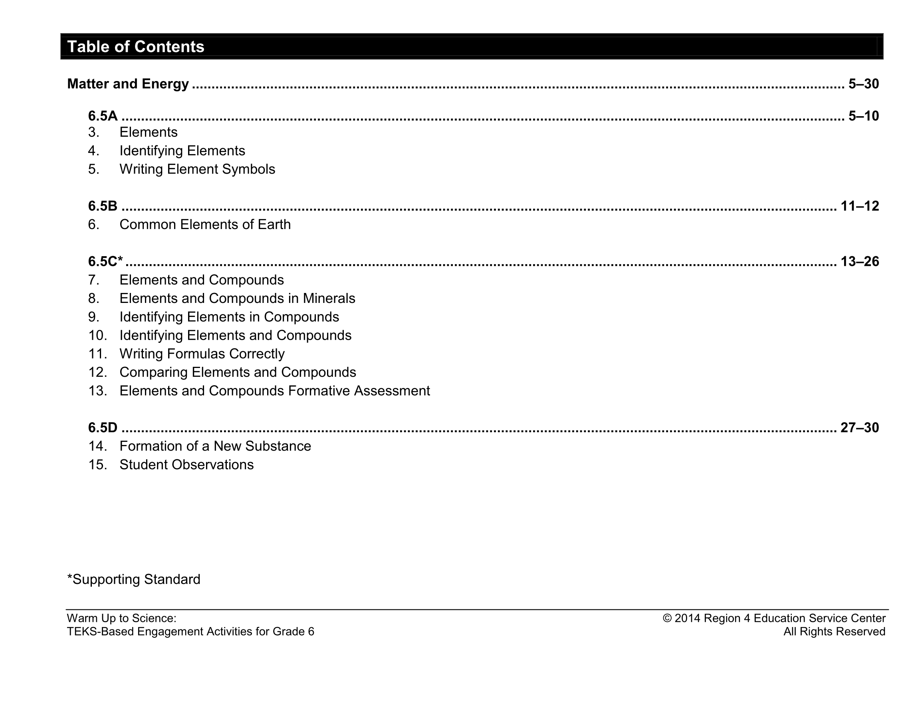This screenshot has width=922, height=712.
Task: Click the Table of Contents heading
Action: pos(135,46)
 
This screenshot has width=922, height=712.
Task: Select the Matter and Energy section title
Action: pos(128,83)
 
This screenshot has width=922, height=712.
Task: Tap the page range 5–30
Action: pos(863,83)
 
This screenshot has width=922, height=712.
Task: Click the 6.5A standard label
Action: pos(103,116)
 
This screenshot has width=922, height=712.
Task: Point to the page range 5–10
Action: pos(863,116)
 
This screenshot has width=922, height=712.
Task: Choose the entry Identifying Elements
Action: pos(182,151)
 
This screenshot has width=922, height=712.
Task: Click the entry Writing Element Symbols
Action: pos(197,169)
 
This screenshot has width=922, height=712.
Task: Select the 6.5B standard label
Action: pos(103,206)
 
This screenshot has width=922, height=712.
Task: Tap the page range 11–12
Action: pos(860,206)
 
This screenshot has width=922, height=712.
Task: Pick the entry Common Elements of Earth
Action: pos(205,225)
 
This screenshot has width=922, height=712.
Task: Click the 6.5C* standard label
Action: pos(105,262)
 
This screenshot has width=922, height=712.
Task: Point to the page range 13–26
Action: pos(860,262)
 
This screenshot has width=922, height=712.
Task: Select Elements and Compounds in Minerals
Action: pos(237,299)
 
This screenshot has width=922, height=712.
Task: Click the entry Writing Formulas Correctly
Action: pos(202,354)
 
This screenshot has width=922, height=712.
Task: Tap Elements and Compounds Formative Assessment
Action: pos(274,391)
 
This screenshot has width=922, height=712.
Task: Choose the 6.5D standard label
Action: pos(103,427)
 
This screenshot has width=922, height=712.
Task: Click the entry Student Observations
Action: pos(186,465)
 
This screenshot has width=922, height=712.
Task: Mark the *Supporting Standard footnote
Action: pos(134,579)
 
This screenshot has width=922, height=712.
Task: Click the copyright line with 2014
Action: pos(774,618)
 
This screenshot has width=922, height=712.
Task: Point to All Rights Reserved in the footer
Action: pos(834,631)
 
